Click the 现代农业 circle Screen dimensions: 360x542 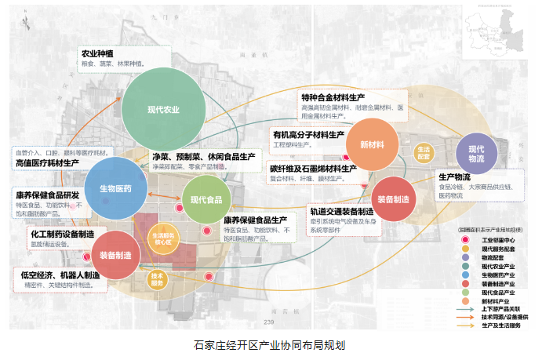(164, 109)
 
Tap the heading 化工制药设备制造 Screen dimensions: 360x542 (63, 234)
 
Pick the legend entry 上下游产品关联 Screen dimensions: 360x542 (493, 309)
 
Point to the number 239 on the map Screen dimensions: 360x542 (269, 323)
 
